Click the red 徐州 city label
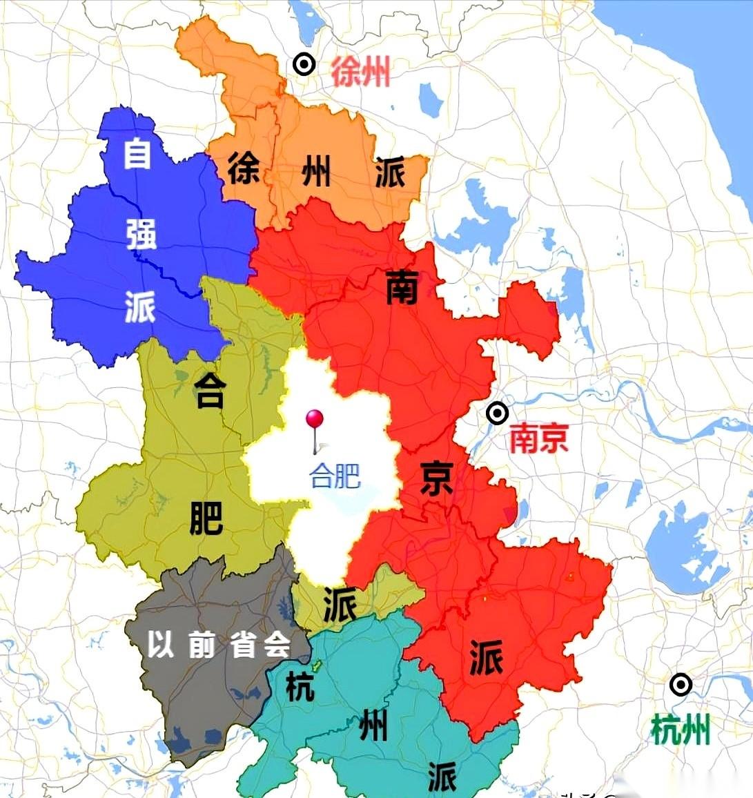point(361,72)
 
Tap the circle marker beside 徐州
point(304,64)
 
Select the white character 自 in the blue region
point(137,153)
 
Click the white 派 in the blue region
point(140,306)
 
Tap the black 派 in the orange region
point(390,171)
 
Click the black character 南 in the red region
point(402,287)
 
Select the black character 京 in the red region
point(436,478)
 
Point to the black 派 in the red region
point(486,656)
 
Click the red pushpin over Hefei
point(315,419)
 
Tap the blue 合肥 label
point(335,476)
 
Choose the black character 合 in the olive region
point(209,390)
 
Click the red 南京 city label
point(539,438)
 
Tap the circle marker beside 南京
point(497,413)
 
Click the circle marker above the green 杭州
point(681,685)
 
